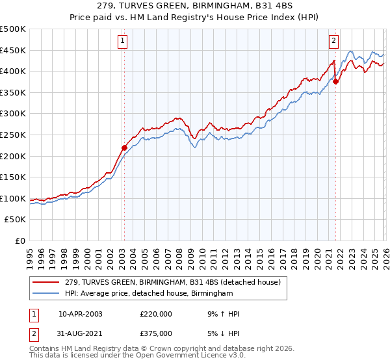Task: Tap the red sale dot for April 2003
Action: tap(124, 148)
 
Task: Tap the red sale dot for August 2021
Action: tap(335, 81)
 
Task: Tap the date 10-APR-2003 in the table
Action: tap(80, 314)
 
